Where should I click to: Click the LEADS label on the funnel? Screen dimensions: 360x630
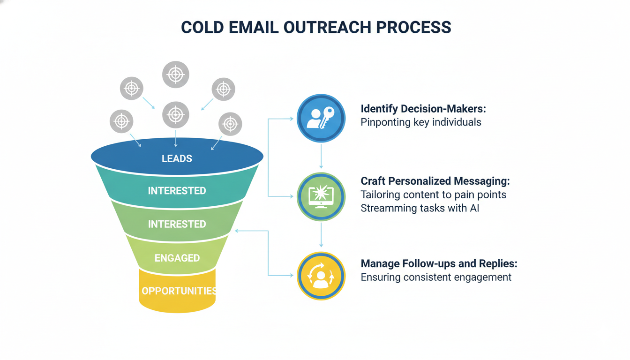(x=177, y=158)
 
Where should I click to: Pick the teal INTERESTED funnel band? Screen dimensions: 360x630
(x=177, y=191)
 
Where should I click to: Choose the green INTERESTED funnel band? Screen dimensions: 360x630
(x=177, y=224)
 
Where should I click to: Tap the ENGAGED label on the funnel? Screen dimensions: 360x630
(x=177, y=258)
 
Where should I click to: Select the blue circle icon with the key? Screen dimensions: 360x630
(x=321, y=118)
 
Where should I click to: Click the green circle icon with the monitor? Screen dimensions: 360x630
(x=321, y=196)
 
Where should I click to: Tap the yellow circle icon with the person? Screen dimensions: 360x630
(x=321, y=276)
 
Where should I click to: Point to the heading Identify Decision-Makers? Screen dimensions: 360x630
(x=423, y=109)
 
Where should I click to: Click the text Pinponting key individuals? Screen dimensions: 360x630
(x=420, y=122)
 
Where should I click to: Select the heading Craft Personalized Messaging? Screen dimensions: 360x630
(x=435, y=181)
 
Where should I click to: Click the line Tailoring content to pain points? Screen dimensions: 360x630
(x=433, y=195)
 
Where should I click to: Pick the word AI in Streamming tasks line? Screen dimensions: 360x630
(x=474, y=208)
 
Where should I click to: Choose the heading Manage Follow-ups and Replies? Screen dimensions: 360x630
(x=439, y=263)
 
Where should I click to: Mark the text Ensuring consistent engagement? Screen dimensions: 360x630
(x=435, y=277)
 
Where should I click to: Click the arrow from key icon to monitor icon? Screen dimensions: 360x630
(x=321, y=156)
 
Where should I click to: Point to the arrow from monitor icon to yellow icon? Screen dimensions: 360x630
(x=321, y=234)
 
